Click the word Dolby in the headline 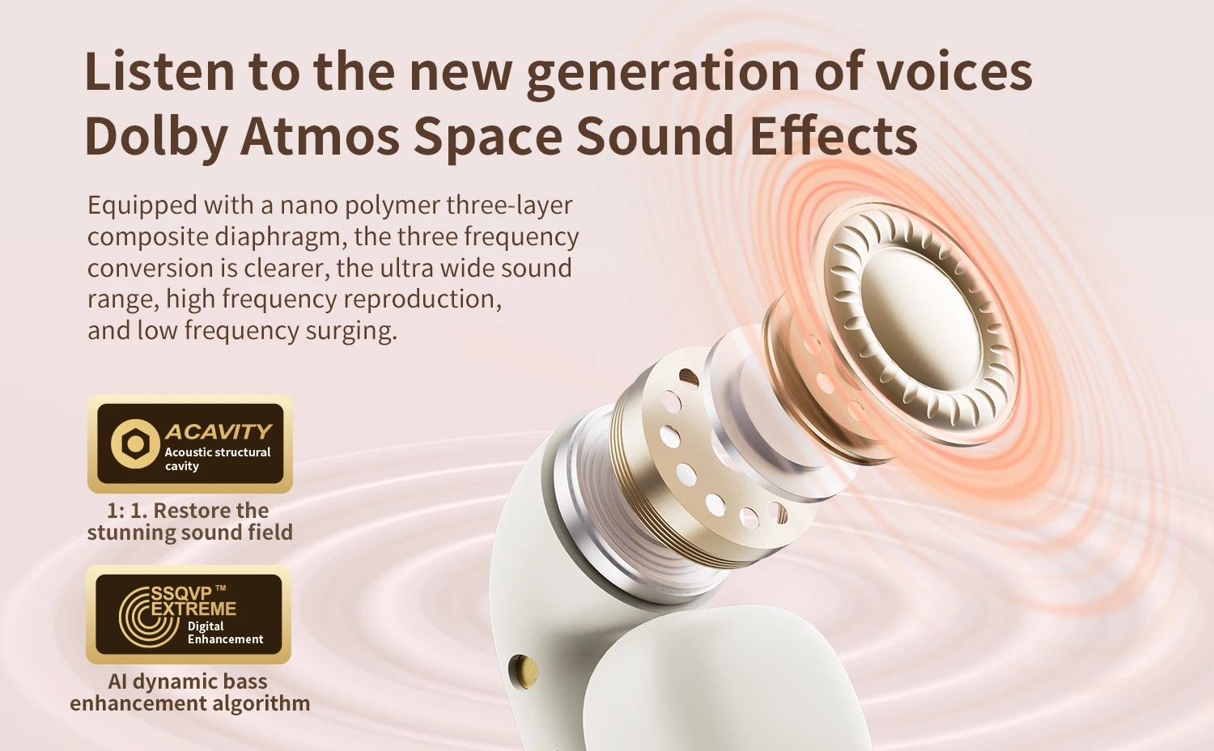coord(156,135)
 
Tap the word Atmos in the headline coord(320,135)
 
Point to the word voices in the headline coord(954,70)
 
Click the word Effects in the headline coord(834,135)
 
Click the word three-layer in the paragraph coord(509,206)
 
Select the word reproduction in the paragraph coord(422,299)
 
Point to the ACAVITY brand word coord(219,432)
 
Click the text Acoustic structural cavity coord(218,459)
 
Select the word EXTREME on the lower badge coord(193,609)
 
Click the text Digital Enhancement coord(226,633)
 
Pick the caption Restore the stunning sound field coord(189,521)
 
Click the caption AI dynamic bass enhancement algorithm coord(189,692)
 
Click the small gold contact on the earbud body coord(525,672)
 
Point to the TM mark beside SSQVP coord(221,588)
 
